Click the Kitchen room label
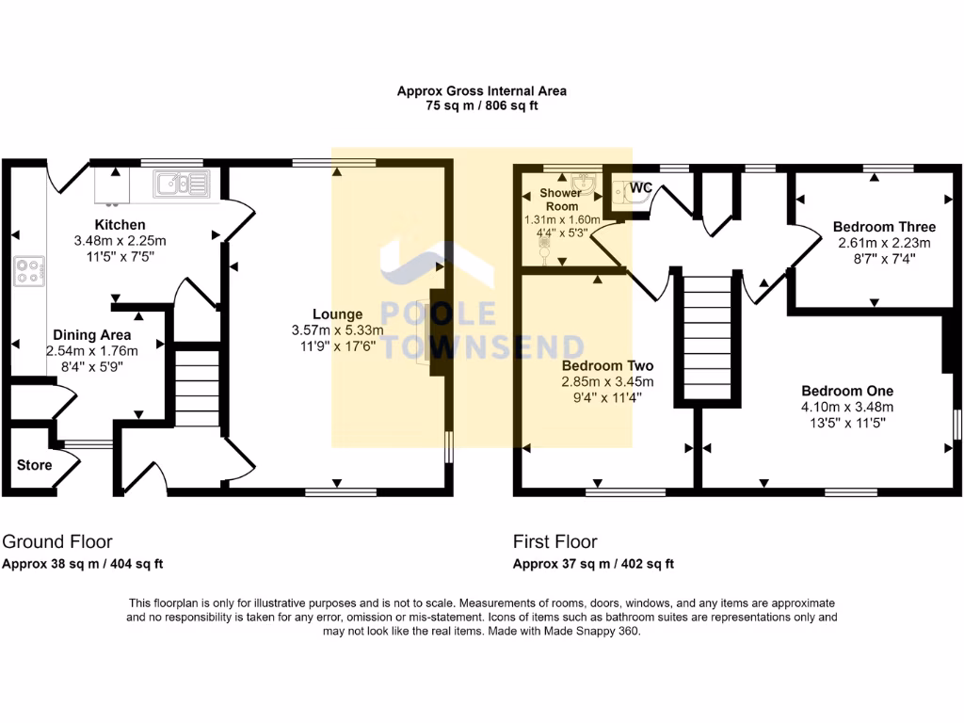(x=120, y=225)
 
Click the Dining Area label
(x=91, y=335)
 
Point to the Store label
(x=34, y=465)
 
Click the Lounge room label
(x=338, y=314)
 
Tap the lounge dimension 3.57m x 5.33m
(x=338, y=330)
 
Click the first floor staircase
(x=706, y=339)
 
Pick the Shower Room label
(x=560, y=200)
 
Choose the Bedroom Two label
(x=607, y=365)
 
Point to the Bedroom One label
(x=847, y=391)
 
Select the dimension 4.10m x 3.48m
(x=847, y=407)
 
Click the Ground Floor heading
(x=57, y=541)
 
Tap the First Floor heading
(x=554, y=541)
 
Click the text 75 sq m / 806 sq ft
(x=481, y=106)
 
